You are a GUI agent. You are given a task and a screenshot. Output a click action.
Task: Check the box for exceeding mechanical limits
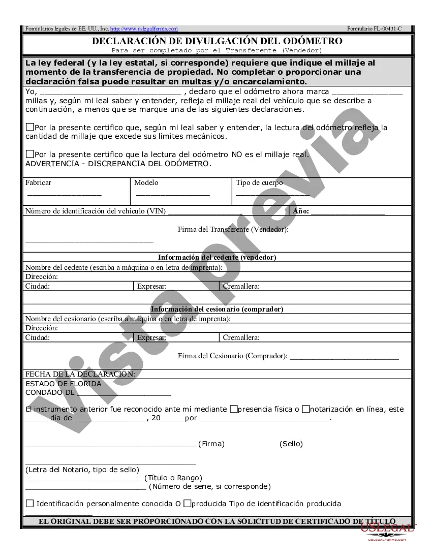(29, 128)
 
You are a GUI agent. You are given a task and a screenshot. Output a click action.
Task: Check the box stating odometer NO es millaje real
(29, 154)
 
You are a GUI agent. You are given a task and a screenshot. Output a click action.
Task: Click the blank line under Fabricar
(64, 195)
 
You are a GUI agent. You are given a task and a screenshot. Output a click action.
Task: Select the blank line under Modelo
(173, 195)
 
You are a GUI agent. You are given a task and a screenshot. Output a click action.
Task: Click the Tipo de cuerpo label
(259, 183)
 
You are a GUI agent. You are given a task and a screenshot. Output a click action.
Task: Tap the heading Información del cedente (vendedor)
(217, 257)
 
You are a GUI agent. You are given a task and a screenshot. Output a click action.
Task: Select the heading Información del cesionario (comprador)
(217, 309)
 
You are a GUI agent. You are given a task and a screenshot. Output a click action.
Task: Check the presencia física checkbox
(234, 409)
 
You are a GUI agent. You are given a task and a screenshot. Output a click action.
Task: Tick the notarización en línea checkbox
(305, 409)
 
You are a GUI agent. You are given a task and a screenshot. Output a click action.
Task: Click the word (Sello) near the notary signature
(291, 444)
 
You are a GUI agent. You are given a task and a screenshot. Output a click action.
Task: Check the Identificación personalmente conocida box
(29, 504)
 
